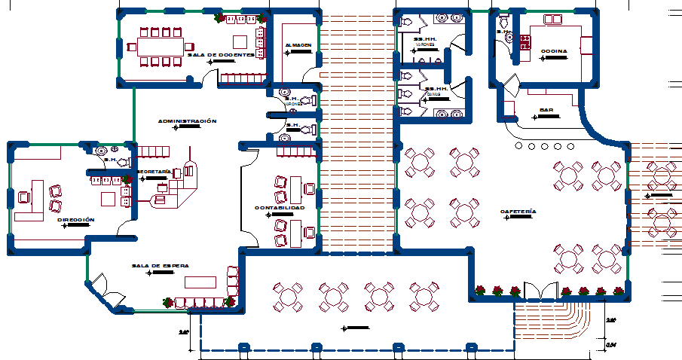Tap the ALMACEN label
[298, 46]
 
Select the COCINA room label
[554, 50]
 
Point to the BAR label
[546, 110]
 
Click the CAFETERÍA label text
[518, 212]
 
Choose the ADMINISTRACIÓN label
[187, 121]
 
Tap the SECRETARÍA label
[154, 172]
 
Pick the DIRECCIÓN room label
[76, 220]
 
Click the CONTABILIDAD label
[280, 207]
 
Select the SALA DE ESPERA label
[160, 266]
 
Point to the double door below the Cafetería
[538, 291]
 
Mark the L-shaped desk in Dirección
[34, 205]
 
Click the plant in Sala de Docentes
[219, 17]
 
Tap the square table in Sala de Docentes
[240, 41]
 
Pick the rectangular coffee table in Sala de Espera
[200, 282]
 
